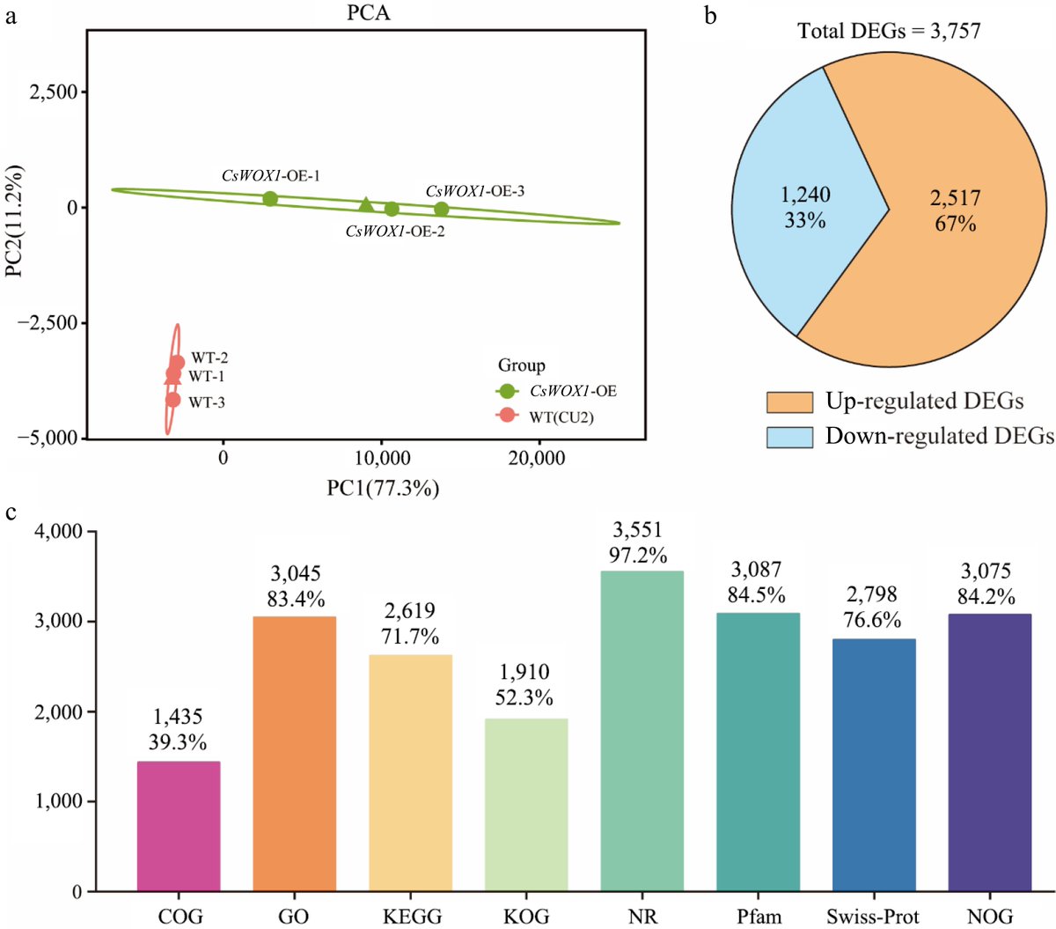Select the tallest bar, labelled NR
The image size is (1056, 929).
click(642, 731)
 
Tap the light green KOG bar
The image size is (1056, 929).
click(526, 805)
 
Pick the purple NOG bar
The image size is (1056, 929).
click(990, 753)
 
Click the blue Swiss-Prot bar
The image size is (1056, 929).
click(874, 765)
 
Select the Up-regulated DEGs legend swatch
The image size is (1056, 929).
click(789, 402)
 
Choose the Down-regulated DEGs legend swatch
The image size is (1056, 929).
click(789, 437)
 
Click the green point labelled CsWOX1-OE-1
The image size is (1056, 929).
click(270, 199)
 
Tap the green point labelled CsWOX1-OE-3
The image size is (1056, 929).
click(441, 209)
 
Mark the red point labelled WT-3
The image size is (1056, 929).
click(172, 400)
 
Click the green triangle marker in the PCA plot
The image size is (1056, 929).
click(366, 205)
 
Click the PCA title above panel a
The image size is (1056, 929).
click(369, 13)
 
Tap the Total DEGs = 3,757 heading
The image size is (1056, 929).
click(889, 32)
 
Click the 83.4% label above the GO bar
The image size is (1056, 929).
click(297, 600)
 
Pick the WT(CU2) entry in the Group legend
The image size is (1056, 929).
click(561, 417)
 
